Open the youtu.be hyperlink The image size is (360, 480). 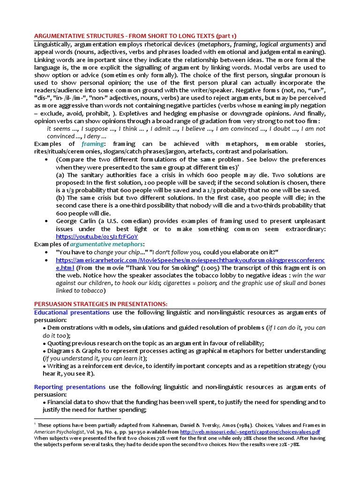pyautogui.click(x=97, y=236)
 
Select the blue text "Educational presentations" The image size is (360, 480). pyautogui.click(x=72, y=312)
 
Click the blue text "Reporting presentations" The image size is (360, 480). pyautogui.click(x=70, y=387)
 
